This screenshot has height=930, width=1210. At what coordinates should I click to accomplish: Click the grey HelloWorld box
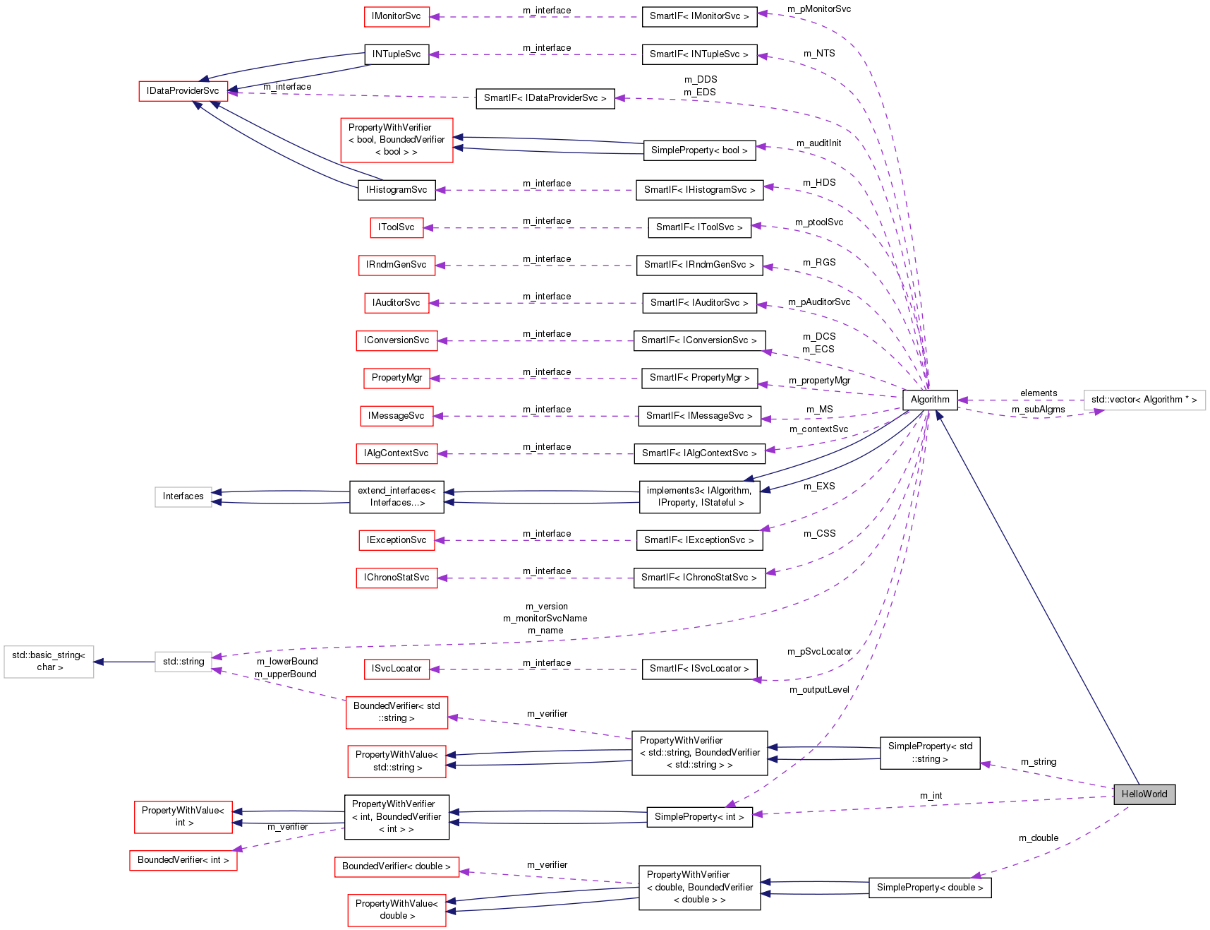[1144, 794]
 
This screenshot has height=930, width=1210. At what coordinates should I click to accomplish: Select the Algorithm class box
[929, 399]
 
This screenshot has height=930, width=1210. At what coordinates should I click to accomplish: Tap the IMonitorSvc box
[397, 16]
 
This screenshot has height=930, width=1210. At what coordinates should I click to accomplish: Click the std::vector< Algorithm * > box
[1144, 400]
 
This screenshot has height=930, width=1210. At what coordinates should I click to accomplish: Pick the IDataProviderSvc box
[183, 91]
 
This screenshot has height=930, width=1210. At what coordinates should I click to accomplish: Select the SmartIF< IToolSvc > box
[698, 227]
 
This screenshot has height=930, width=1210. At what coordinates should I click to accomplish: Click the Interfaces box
[183, 496]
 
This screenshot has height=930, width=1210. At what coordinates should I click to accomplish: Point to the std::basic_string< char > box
[49, 661]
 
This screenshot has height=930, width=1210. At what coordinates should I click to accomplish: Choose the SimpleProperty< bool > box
[698, 150]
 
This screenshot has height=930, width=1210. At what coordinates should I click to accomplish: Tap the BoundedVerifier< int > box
[183, 860]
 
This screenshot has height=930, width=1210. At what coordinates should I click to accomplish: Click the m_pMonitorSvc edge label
[818, 9]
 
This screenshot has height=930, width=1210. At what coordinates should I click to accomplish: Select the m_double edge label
[1038, 838]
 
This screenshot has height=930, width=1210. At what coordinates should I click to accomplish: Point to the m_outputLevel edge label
[818, 690]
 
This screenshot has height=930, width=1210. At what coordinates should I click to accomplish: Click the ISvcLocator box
[397, 669]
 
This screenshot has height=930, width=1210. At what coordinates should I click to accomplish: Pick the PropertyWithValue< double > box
[397, 910]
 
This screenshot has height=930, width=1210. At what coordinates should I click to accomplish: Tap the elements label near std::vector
[1038, 393]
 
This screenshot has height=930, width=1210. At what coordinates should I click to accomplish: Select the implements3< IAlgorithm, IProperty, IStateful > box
[698, 496]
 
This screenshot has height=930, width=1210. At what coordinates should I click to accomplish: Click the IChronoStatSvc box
[397, 578]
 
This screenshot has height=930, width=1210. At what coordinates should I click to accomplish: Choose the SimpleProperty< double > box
[929, 888]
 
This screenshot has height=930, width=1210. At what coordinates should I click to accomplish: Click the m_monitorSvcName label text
[545, 619]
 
